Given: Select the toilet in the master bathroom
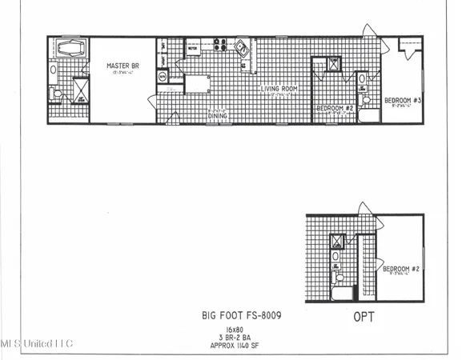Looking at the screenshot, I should [x=56, y=95].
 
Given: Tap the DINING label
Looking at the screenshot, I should [x=217, y=118].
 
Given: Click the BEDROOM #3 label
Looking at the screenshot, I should [x=402, y=101].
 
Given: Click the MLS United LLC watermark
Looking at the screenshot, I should [x=37, y=344].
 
